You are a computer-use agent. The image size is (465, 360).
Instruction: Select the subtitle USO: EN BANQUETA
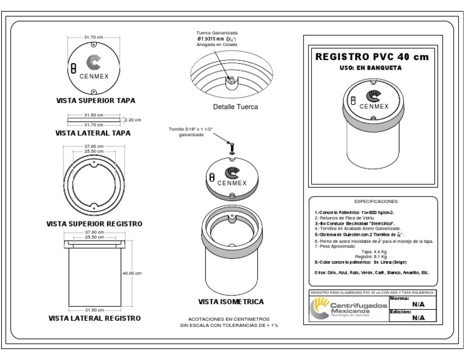click(x=370, y=68)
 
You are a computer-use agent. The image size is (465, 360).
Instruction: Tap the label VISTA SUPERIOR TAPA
click(x=95, y=100)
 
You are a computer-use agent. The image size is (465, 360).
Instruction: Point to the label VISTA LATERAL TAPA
click(x=93, y=133)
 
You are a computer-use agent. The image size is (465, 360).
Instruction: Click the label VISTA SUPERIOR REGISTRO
click(x=94, y=224)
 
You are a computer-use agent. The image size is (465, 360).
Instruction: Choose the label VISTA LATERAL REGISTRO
click(x=94, y=318)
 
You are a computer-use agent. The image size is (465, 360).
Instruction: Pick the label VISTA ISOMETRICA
click(x=231, y=301)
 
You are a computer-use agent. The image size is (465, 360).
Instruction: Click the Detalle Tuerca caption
click(x=236, y=107)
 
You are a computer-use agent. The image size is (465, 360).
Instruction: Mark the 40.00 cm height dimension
click(x=131, y=273)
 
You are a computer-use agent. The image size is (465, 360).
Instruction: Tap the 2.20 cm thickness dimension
click(x=133, y=120)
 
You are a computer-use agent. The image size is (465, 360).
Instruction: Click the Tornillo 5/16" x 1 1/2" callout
click(x=191, y=133)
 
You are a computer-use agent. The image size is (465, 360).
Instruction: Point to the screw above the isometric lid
click(x=231, y=145)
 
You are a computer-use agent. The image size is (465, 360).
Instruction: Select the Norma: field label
click(x=400, y=299)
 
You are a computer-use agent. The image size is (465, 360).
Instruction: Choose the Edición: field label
click(x=401, y=312)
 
